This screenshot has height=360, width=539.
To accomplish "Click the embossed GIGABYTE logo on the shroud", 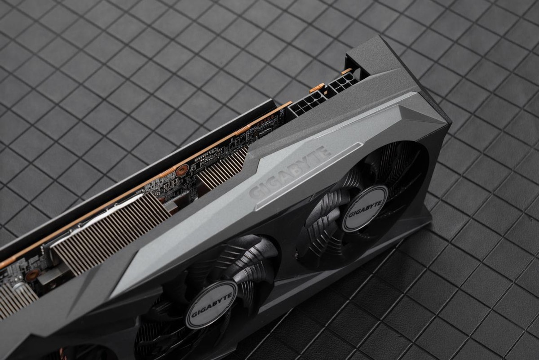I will [x=290, y=173].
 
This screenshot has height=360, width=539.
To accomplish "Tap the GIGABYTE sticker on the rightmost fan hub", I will [x=365, y=208].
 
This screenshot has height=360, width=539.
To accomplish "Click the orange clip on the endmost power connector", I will [x=346, y=71].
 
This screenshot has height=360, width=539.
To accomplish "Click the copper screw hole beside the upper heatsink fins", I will [x=182, y=170].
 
